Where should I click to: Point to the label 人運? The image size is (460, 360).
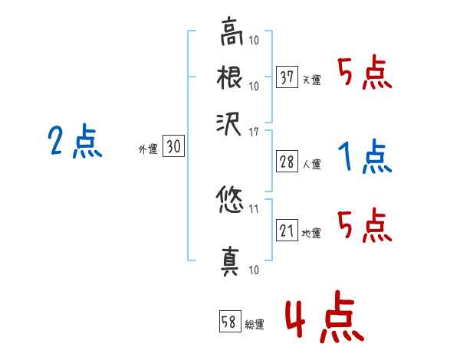tap(312, 163)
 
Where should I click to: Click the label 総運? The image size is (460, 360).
tap(255, 325)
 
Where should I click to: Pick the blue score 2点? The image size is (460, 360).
tap(75, 142)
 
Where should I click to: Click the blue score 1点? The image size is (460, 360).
tap(365, 157)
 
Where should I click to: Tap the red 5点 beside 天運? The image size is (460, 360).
tap(365, 74)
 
